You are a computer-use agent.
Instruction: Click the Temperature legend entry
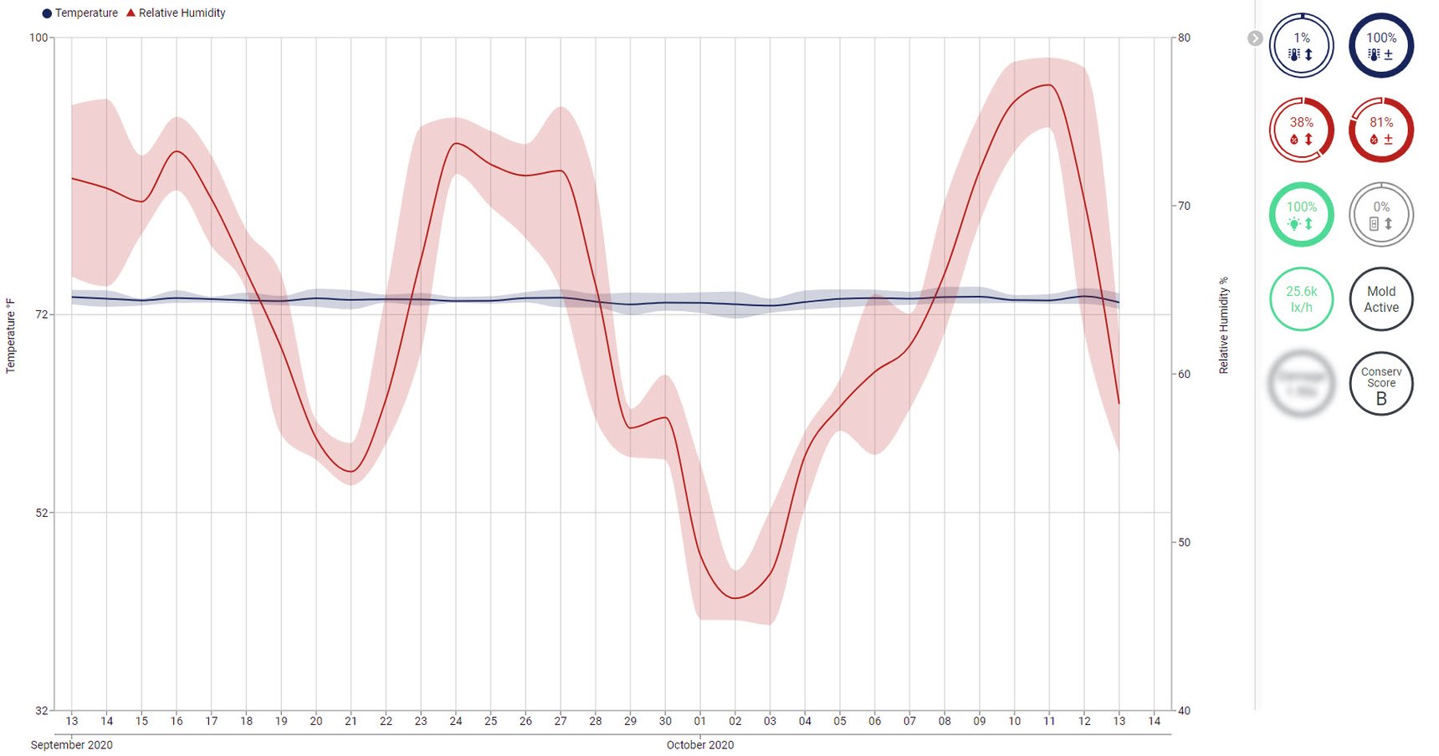[80, 13]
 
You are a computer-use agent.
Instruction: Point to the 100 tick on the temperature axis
[38, 38]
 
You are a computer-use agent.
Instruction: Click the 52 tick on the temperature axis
[42, 513]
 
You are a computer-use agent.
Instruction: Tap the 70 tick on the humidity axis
[1184, 206]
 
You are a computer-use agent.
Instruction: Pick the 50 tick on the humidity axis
[1184, 542]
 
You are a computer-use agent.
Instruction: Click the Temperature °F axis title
[11, 335]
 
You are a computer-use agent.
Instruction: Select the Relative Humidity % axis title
[1224, 325]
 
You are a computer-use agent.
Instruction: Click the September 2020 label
[71, 744]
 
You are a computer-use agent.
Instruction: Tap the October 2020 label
[699, 744]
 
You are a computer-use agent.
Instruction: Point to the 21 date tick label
[351, 721]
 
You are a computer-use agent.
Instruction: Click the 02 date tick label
[735, 721]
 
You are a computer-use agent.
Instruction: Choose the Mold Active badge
[1380, 299]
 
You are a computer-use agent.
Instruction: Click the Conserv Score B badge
[1380, 384]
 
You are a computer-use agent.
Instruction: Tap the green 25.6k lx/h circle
[1301, 299]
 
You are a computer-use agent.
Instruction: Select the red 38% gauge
[1301, 130]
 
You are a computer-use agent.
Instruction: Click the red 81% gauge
[1380, 130]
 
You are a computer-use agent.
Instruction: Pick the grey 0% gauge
[1380, 214]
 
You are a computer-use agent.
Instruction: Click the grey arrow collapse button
[1254, 38]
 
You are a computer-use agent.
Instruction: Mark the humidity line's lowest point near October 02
[735, 598]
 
